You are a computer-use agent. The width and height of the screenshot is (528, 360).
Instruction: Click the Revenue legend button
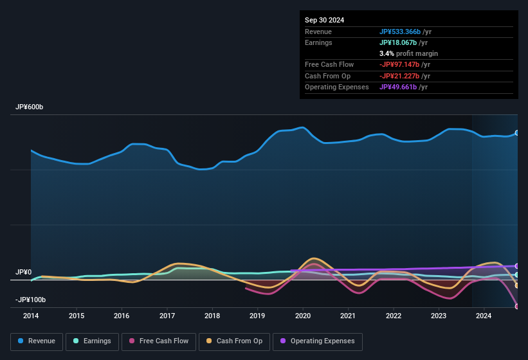tap(37, 341)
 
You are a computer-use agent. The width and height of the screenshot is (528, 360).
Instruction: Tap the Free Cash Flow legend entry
tap(159, 341)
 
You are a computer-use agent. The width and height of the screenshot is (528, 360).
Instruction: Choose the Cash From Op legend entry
tap(234, 341)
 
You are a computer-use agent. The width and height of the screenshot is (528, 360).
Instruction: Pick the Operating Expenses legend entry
tap(318, 341)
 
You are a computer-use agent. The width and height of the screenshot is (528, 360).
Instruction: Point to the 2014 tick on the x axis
tap(31, 316)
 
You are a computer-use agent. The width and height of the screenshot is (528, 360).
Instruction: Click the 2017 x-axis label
tap(167, 316)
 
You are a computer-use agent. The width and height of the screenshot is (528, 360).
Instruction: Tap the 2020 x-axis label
tap(303, 316)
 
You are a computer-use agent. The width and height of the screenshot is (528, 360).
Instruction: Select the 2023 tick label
tap(439, 316)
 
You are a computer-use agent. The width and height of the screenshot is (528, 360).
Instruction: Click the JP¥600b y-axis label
tap(30, 107)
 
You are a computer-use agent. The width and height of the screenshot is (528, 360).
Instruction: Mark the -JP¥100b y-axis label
tap(31, 300)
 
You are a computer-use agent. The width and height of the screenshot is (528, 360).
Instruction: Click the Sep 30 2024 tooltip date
tap(324, 20)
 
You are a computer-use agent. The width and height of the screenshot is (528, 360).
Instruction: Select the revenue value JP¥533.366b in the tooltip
tap(400, 32)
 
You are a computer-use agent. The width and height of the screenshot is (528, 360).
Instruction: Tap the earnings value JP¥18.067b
tap(397, 42)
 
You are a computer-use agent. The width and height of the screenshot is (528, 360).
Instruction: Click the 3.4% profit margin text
tap(408, 53)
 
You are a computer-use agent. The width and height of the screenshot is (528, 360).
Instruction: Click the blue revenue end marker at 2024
tap(517, 133)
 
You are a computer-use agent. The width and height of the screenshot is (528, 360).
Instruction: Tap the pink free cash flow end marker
tap(517, 306)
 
